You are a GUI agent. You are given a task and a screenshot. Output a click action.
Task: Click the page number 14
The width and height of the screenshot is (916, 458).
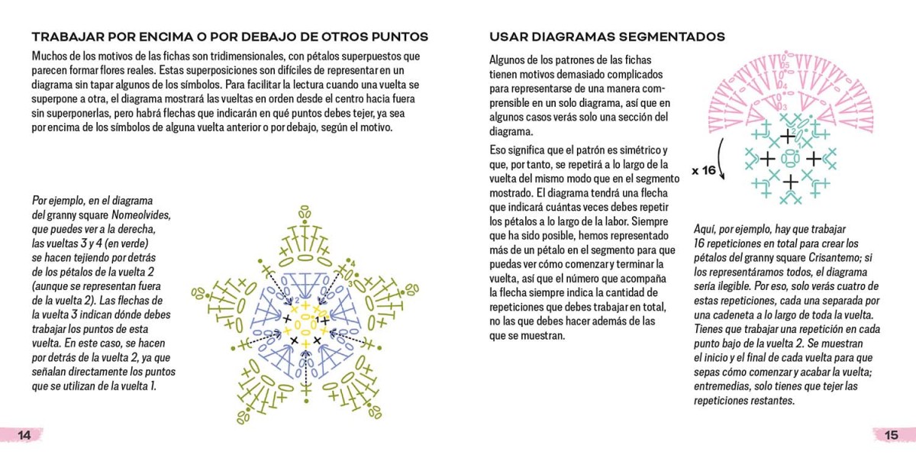coord(24,435)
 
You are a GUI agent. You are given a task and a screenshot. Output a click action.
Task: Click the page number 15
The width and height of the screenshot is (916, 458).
coord(891,435)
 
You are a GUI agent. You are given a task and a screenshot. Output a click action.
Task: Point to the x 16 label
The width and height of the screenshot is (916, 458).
coord(704,170)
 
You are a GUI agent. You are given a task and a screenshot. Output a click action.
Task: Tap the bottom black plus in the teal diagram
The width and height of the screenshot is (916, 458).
coord(791,181)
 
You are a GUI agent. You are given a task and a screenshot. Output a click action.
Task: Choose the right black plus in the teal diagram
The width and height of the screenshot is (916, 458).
coord(814,159)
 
